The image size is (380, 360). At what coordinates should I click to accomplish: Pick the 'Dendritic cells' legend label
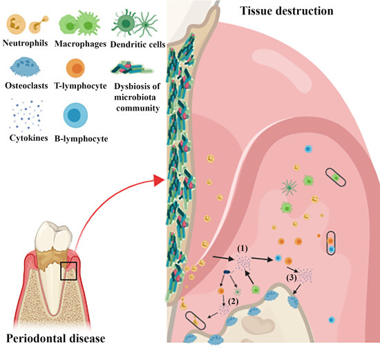(135, 41)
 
